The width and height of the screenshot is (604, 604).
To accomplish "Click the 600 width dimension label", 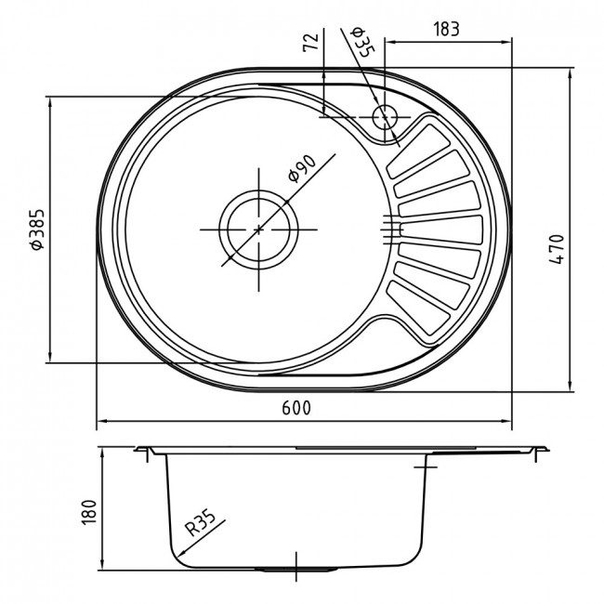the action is click(295, 408).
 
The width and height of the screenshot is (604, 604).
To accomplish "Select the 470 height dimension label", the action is click(557, 249).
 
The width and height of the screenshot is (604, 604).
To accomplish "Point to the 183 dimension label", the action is click(446, 29).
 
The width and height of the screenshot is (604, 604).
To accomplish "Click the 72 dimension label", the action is click(311, 42).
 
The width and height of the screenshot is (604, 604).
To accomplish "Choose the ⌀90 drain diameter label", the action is click(303, 168).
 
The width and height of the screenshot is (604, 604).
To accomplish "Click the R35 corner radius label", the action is click(201, 524).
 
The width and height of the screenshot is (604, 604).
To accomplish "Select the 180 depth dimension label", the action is click(89, 512).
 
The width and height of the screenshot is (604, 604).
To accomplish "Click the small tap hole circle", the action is click(385, 117).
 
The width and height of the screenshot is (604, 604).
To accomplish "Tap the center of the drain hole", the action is click(258, 230).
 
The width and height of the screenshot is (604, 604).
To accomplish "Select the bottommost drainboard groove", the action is click(418, 308).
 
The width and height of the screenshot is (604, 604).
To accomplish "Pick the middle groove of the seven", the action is click(440, 230).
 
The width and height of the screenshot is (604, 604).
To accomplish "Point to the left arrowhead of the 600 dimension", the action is click(101, 422).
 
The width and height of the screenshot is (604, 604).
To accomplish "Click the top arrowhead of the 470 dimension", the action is click(570, 73).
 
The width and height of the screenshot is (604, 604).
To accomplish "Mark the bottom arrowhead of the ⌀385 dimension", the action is click(49, 357).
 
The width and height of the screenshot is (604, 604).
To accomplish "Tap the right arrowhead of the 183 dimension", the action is click(506, 43).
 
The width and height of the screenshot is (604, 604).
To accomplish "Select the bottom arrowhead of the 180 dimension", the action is click(102, 564).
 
